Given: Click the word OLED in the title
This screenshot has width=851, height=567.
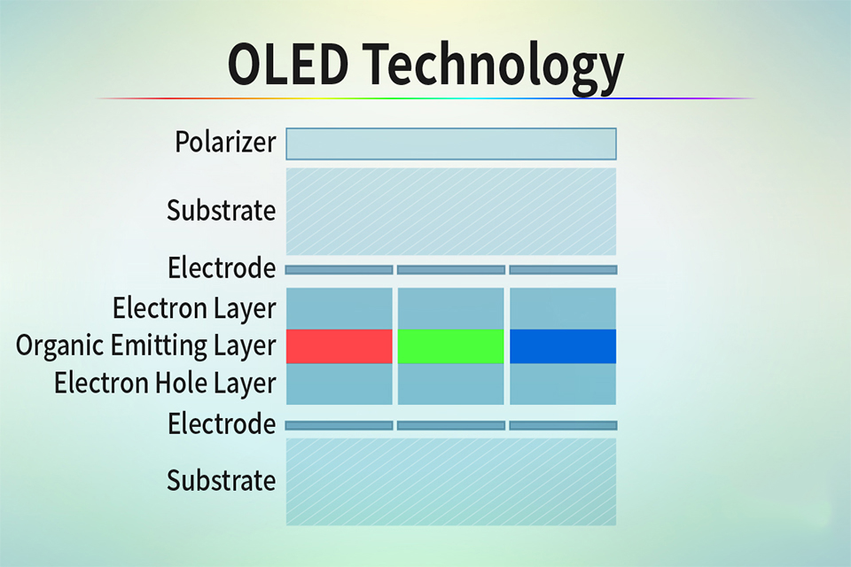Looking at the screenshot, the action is [x=287, y=64].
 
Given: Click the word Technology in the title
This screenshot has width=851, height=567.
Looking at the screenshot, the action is [x=494, y=68].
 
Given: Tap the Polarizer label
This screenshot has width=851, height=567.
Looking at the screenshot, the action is [x=225, y=143].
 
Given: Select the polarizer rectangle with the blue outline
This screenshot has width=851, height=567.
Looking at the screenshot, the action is [x=451, y=144].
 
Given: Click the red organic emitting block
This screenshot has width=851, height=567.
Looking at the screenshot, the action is [x=340, y=346].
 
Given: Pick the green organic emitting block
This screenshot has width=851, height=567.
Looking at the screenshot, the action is [x=451, y=346].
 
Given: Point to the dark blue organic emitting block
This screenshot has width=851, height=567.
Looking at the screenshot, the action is [x=563, y=346].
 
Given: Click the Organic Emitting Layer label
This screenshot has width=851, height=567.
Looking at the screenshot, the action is [x=146, y=346].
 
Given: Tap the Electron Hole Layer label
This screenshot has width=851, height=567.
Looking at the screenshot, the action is [x=165, y=384].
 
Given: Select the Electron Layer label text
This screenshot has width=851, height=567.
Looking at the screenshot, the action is [x=194, y=308].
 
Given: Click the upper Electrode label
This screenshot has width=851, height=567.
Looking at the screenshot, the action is [x=222, y=268].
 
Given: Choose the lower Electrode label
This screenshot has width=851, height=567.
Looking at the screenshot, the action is [x=222, y=423].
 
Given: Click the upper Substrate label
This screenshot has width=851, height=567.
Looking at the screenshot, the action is [x=221, y=210].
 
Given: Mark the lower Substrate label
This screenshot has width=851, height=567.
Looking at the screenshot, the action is [x=221, y=480].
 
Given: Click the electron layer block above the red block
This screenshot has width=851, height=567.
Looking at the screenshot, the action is [x=340, y=308].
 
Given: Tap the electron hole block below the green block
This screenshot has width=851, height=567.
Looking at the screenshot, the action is [x=451, y=384].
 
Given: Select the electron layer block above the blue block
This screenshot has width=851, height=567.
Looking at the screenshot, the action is [x=563, y=308].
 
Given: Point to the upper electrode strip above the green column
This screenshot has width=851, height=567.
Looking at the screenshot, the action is [x=451, y=269].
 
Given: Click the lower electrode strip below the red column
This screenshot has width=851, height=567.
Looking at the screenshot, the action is [x=340, y=425].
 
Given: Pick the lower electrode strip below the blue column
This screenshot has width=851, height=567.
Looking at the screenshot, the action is [x=564, y=425].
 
